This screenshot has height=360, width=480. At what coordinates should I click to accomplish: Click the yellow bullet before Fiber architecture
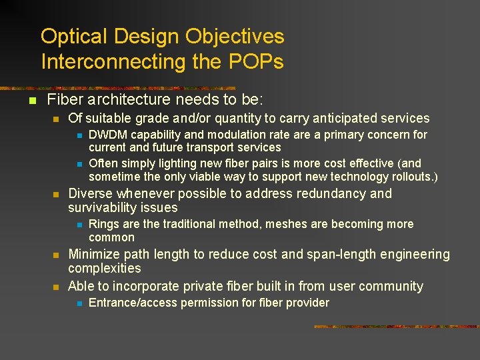point(31,101)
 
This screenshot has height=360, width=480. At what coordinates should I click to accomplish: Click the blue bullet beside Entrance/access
point(78,303)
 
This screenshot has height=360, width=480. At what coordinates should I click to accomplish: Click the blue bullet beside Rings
point(78,225)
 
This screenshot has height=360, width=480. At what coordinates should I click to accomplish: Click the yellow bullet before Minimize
point(57,255)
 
